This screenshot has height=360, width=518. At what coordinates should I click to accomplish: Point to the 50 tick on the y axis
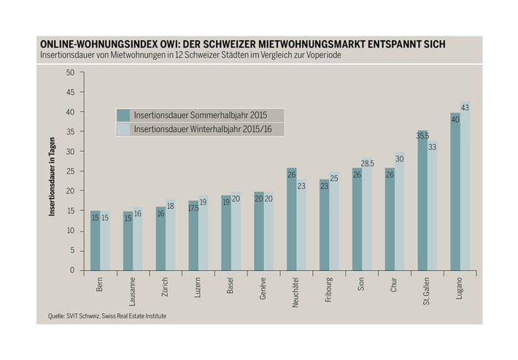70,72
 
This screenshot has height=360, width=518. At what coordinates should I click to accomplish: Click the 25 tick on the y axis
70,172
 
